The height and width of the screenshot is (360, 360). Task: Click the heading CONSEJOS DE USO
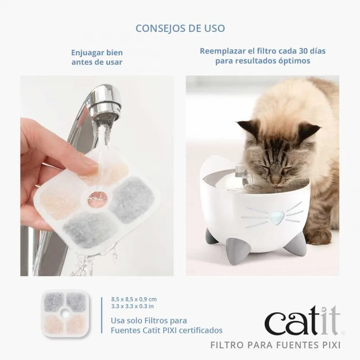click(180, 28)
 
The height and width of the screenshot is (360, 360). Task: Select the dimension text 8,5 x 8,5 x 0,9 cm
click(134, 299)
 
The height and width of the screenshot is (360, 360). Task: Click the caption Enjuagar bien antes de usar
click(97, 58)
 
